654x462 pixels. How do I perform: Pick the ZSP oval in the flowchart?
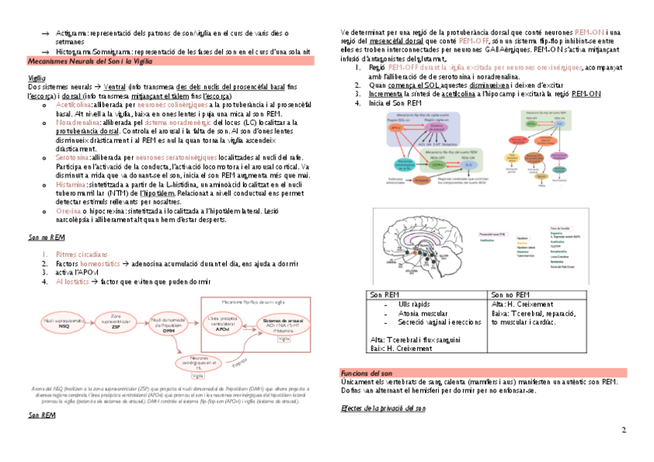click(x=117, y=321)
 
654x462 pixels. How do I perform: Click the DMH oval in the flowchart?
click(x=167, y=323)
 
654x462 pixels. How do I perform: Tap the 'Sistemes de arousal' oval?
click(x=283, y=323)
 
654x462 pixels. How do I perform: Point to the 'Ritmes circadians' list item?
click(x=82, y=254)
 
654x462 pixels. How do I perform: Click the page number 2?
click(x=622, y=429)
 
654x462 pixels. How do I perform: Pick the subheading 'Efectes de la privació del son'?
click(x=383, y=409)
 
